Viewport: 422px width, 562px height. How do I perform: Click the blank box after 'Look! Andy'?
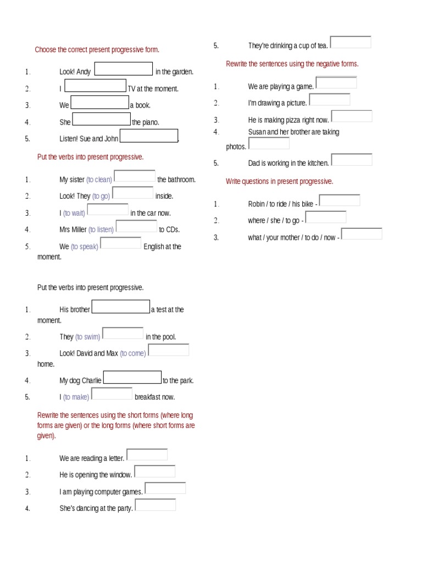coord(124,69)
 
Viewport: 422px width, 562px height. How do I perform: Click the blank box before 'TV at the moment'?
coord(96,86)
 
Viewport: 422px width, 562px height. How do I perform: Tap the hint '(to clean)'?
coord(99,179)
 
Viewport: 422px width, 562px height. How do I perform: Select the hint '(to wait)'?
coord(74,213)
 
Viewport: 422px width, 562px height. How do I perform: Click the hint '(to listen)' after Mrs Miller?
coord(101,230)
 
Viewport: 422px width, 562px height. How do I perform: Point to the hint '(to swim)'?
coord(88,337)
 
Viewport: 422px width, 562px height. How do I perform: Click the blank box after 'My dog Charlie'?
coord(132,378)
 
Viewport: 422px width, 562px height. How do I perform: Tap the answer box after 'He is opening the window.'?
coord(155,471)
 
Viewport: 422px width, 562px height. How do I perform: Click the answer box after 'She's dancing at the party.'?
coord(156,505)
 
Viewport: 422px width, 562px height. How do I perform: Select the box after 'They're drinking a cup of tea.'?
coord(351,42)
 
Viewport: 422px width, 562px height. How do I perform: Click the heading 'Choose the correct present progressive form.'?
coord(97,50)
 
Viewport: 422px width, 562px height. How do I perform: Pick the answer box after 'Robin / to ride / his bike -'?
coord(340,200)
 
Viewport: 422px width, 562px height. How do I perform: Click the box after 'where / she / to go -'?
coord(326,217)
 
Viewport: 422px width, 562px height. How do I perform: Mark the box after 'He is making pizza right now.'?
coord(352,116)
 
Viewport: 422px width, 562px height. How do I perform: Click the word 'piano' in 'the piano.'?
coord(150,122)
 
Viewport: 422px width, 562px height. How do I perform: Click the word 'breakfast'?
coord(148,397)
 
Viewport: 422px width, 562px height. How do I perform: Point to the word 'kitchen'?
coord(318,163)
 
